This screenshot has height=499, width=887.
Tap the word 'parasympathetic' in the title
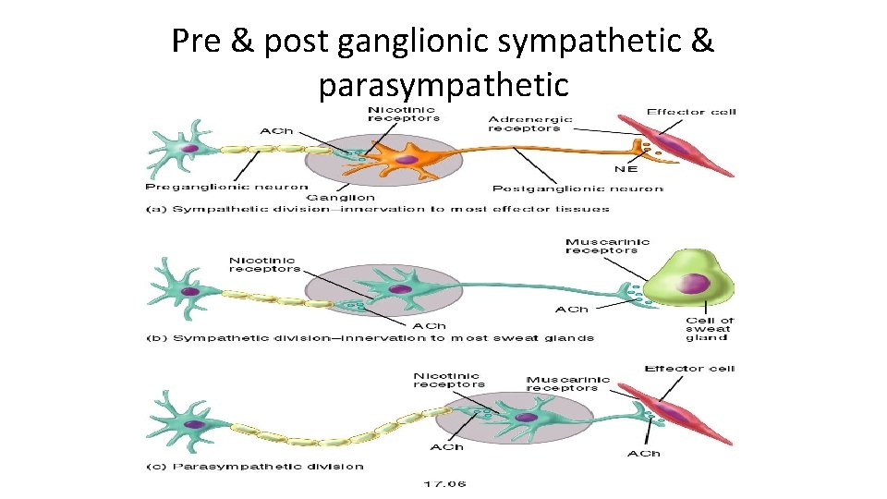(x=443, y=85)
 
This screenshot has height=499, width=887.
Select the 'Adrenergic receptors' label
(x=530, y=124)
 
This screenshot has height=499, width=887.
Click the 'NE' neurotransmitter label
(x=626, y=168)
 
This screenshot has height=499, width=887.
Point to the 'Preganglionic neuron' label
(x=226, y=188)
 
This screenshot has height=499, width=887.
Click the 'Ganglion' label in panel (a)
(x=340, y=197)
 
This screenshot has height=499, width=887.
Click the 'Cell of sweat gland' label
(x=709, y=329)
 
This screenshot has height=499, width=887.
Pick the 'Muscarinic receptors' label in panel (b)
(x=607, y=246)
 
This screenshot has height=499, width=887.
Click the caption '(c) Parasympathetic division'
(x=255, y=466)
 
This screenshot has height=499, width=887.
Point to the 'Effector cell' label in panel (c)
(x=689, y=369)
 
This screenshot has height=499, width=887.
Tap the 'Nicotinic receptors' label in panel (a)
(x=404, y=114)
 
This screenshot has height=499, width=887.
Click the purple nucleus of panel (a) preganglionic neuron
(x=189, y=147)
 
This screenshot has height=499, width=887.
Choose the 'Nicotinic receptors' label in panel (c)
(x=447, y=380)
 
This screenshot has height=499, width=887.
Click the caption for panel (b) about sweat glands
(x=370, y=337)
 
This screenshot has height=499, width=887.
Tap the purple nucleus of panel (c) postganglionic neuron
(x=526, y=417)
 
